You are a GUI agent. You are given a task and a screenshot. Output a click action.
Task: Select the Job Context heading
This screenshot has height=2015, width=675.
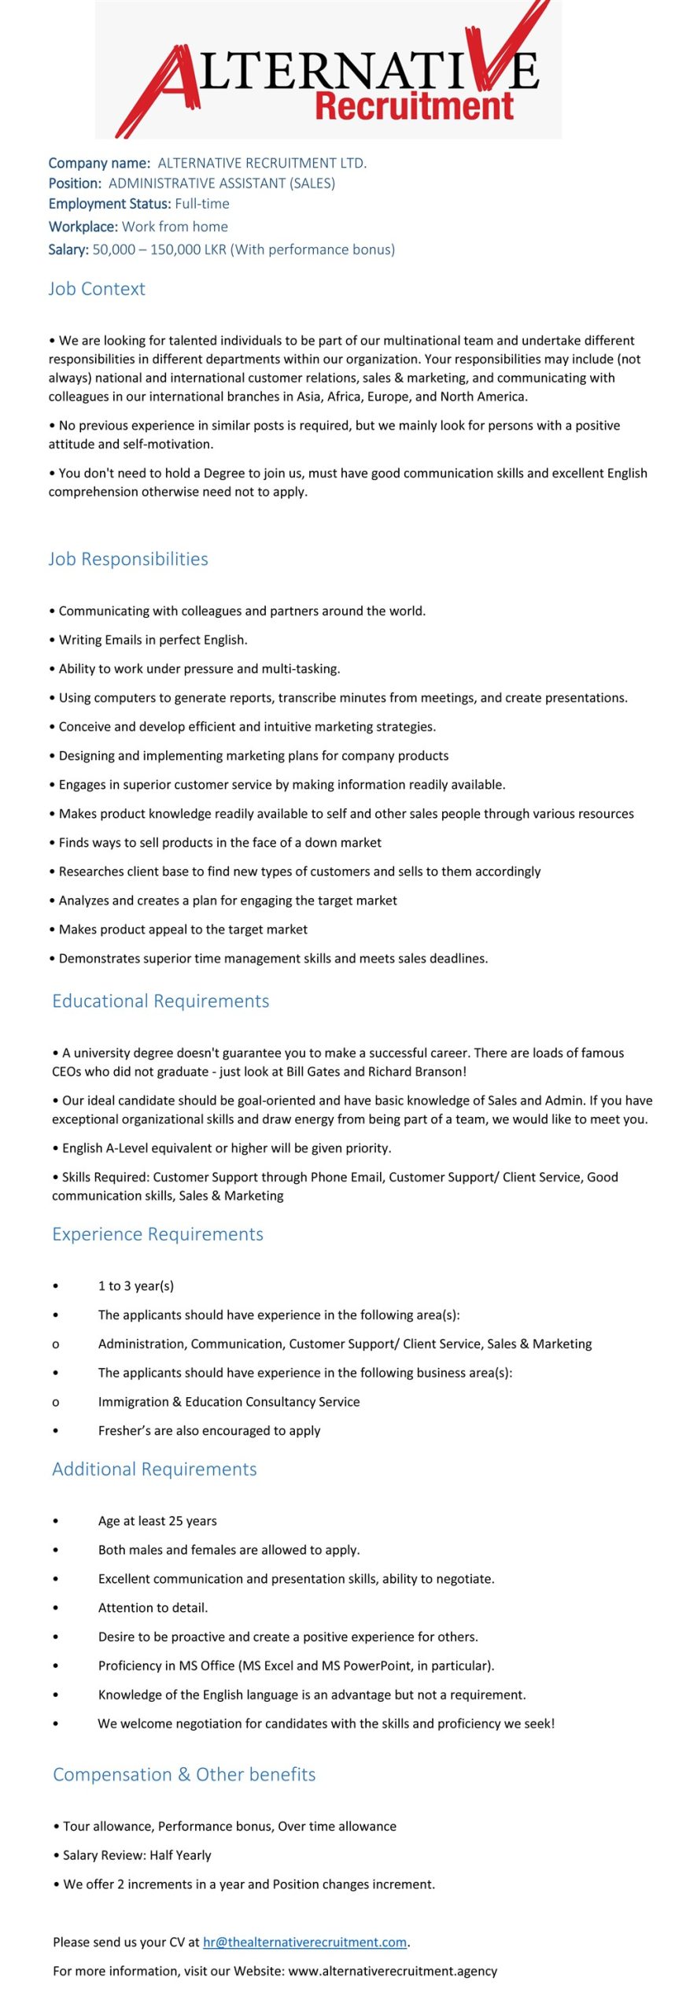tap(97, 289)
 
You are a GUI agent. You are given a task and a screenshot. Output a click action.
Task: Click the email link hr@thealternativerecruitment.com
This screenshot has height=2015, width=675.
tap(304, 1942)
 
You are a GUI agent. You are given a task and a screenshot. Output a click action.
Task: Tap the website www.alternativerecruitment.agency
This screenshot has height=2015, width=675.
tap(393, 1971)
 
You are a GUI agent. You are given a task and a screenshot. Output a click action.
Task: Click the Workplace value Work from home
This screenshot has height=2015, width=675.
tap(175, 227)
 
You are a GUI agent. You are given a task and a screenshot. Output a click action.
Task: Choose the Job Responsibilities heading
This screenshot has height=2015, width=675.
tap(128, 559)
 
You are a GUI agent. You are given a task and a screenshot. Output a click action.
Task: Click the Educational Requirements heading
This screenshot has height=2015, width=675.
tap(160, 1001)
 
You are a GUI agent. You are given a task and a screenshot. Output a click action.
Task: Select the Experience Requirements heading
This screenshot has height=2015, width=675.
tap(157, 1234)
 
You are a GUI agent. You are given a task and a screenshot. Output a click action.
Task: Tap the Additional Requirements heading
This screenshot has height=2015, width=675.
tap(154, 1469)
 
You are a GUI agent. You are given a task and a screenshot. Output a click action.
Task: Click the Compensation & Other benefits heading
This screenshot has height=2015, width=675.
tap(184, 1774)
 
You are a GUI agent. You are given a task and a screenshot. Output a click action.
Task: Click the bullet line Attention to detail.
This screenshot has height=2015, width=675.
tap(153, 1607)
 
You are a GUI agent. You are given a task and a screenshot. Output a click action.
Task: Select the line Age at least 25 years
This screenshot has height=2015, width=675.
tap(157, 1521)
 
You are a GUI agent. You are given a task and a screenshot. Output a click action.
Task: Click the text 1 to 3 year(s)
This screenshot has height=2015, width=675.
tap(135, 1285)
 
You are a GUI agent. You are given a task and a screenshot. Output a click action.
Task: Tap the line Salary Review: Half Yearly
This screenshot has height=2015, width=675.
tap(137, 1855)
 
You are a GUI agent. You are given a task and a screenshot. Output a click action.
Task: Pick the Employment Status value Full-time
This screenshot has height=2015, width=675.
tap(202, 204)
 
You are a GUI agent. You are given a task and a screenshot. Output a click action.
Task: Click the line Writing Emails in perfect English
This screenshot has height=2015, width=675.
tap(153, 640)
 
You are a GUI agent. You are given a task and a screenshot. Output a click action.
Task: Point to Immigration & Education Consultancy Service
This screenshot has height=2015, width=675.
tap(229, 1402)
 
